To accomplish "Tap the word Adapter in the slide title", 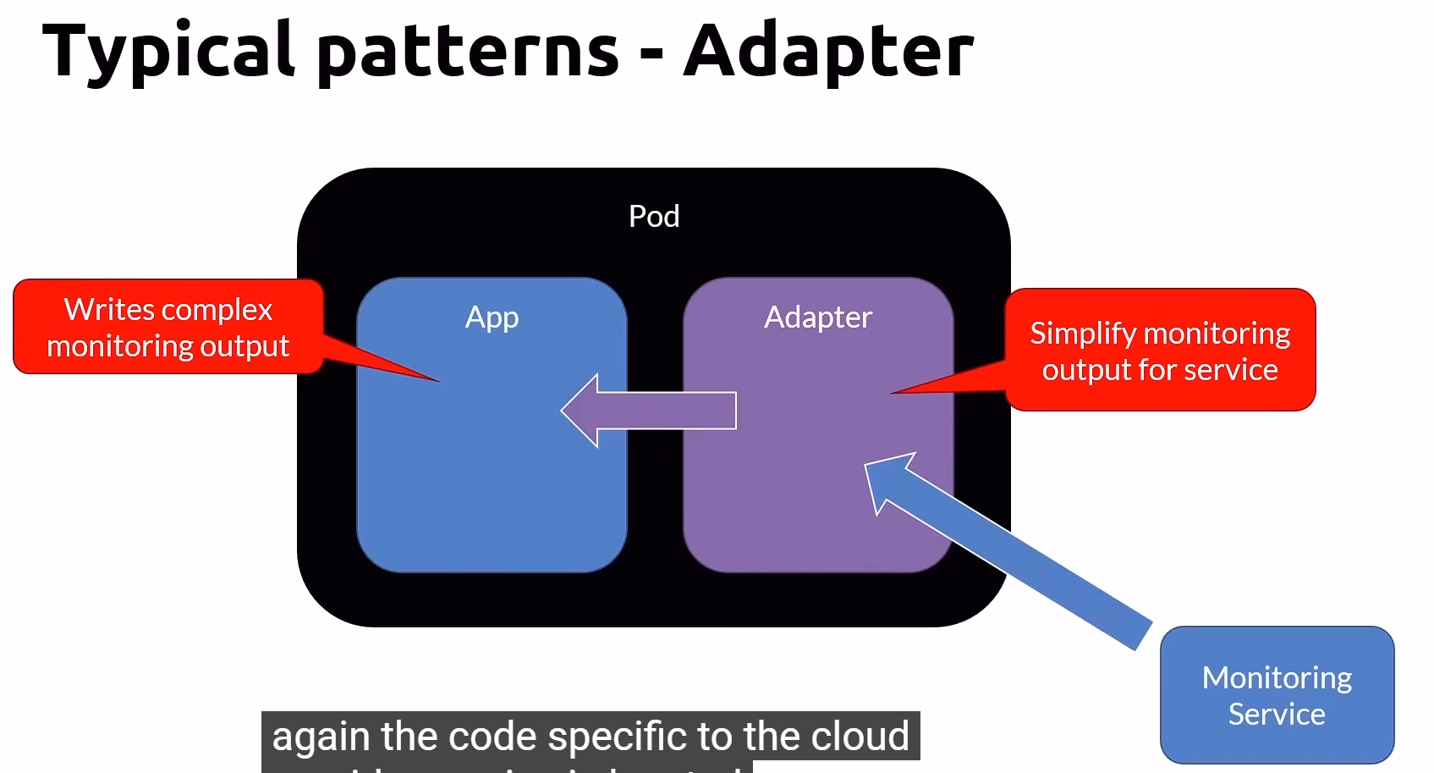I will [829, 51].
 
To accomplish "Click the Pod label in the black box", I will [654, 217].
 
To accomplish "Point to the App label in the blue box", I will [492, 317].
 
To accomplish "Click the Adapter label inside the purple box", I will [817, 317].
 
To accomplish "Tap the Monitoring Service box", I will [1277, 695].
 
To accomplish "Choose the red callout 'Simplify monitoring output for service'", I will [1160, 351].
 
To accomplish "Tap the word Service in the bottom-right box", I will [1277, 715].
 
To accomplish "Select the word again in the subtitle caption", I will [321, 737].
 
